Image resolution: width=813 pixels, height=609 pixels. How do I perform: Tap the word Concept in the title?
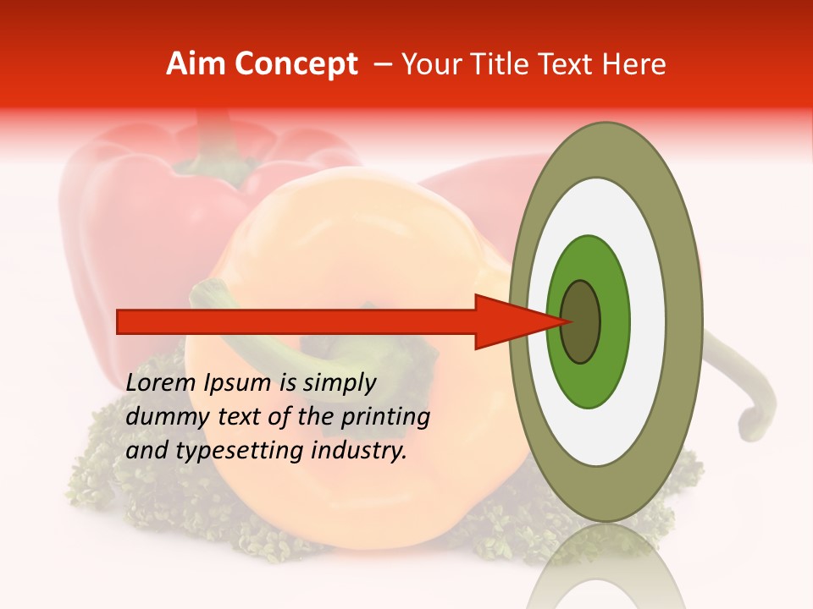coord(296,64)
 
